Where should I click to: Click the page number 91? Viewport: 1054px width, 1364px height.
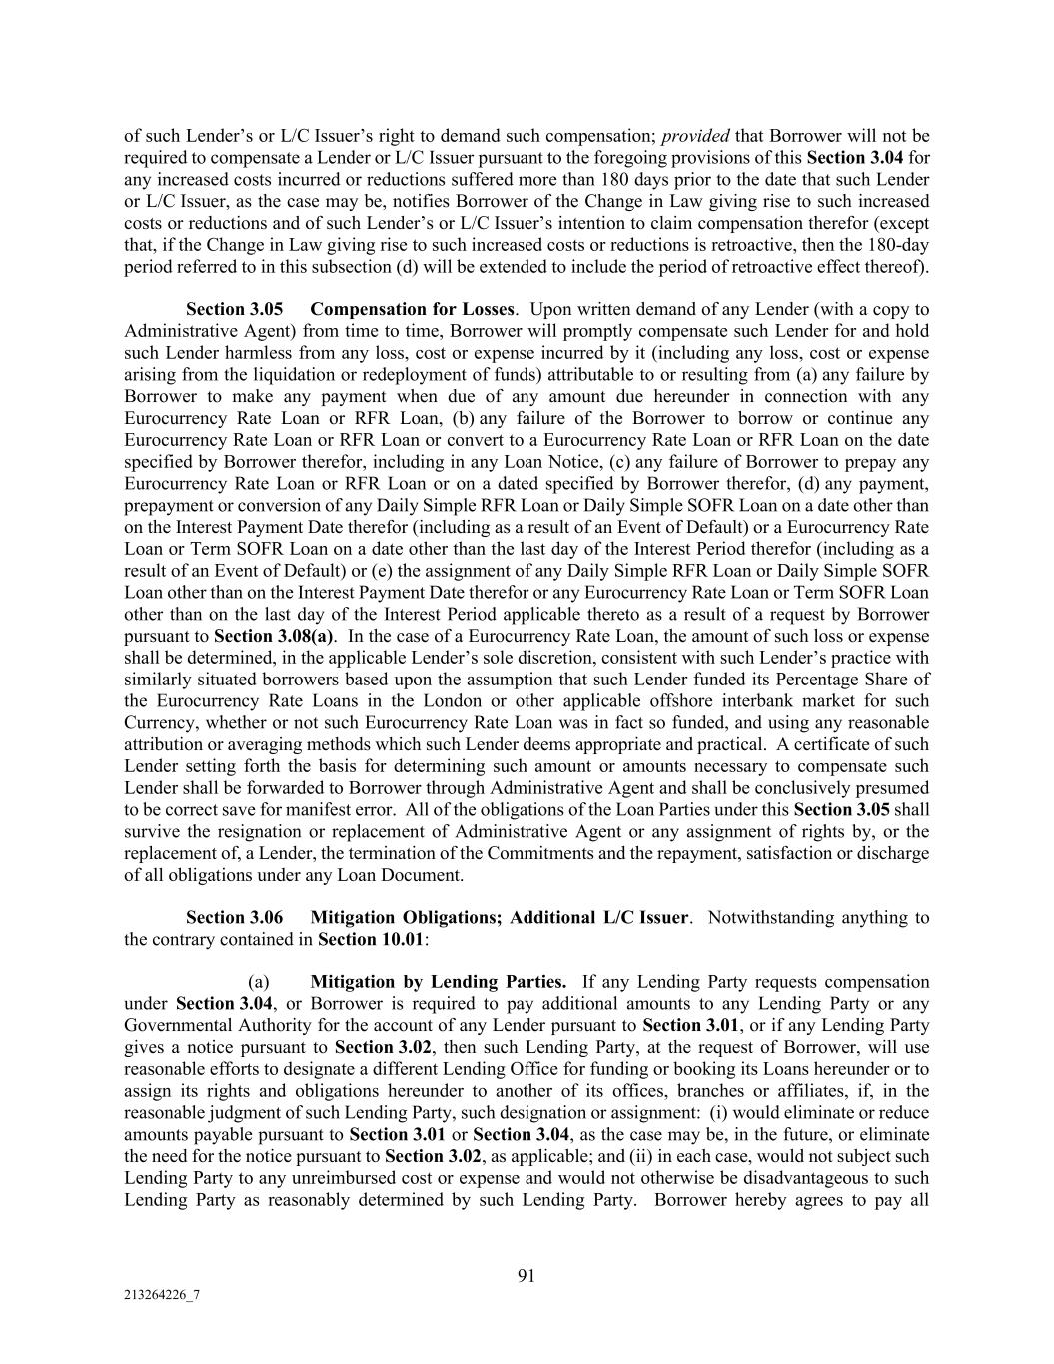coord(527,1275)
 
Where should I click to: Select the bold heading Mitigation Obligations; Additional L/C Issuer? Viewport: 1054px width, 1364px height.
coord(499,917)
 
